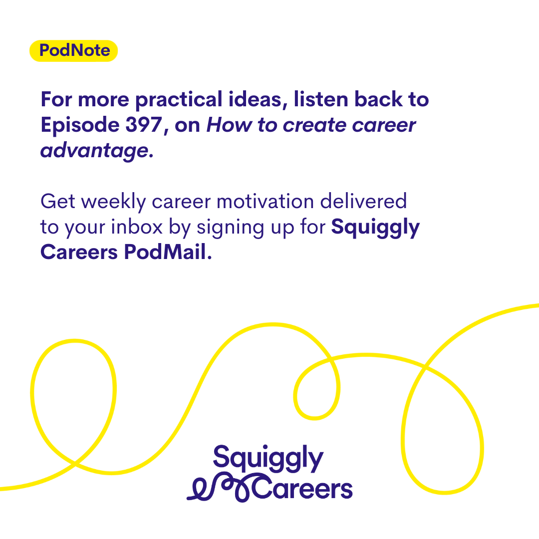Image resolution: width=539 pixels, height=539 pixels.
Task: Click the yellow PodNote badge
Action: [x=73, y=50]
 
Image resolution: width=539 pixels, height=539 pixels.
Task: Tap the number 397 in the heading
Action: [x=144, y=124]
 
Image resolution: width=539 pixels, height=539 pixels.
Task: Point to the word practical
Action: [x=179, y=100]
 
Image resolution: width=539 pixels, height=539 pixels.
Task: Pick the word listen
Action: [x=321, y=99]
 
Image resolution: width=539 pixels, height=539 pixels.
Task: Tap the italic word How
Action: [x=229, y=125]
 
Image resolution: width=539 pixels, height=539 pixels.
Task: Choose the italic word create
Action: [x=314, y=125]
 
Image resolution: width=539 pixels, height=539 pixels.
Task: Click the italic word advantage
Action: [x=94, y=151]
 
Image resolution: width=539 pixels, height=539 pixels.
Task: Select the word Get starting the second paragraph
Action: [x=58, y=201]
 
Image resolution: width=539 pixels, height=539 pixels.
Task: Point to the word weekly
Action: [x=113, y=202]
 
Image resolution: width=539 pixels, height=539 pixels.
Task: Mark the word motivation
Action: [x=266, y=202]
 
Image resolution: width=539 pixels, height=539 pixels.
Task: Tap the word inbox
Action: [x=137, y=227]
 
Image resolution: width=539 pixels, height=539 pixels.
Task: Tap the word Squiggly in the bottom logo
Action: [x=268, y=459]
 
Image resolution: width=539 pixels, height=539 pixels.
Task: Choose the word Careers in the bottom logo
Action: [x=302, y=488]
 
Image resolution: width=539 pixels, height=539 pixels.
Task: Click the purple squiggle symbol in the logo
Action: [x=220, y=488]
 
